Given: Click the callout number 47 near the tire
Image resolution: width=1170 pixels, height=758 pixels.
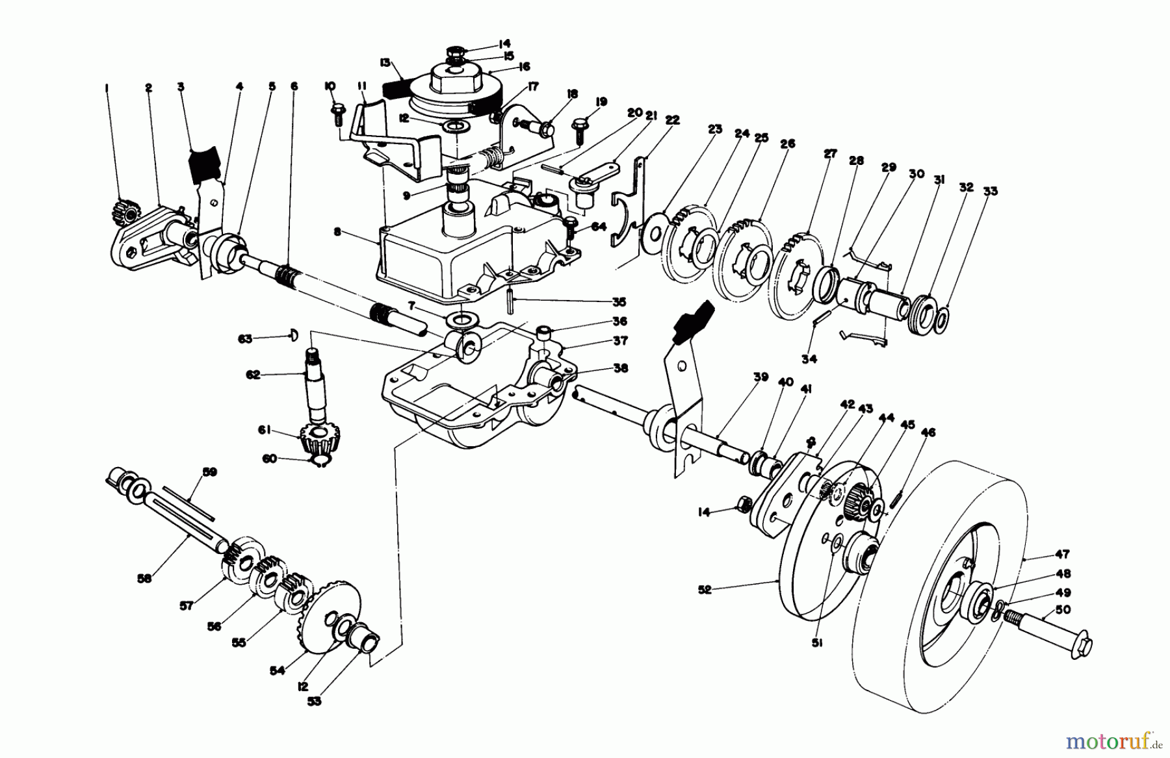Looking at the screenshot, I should (x=1062, y=555).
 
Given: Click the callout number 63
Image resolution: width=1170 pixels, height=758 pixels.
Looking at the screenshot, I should (x=244, y=338).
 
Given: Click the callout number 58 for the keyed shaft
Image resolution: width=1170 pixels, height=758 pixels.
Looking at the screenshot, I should (x=144, y=577).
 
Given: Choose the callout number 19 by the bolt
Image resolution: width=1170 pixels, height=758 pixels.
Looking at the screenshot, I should (x=601, y=102).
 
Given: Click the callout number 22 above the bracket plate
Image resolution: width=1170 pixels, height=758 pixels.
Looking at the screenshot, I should (x=672, y=120).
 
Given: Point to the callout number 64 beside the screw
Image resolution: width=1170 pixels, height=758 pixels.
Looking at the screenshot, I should (x=599, y=226).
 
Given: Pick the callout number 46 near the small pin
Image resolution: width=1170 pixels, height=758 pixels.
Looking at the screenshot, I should (x=928, y=433).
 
